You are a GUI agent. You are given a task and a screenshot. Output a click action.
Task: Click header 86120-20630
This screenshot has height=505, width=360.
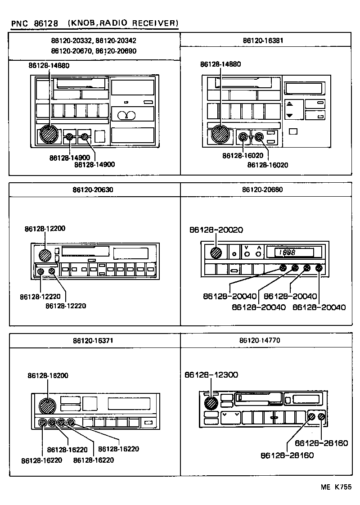pyautogui.click(x=93, y=190)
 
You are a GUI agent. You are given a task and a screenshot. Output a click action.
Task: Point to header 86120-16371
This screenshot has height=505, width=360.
pyautogui.click(x=93, y=340)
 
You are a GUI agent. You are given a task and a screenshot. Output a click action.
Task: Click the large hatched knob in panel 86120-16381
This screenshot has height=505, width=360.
pyautogui.click(x=221, y=134)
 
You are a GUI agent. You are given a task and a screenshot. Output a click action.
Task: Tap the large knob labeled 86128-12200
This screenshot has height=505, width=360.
pyautogui.click(x=45, y=255)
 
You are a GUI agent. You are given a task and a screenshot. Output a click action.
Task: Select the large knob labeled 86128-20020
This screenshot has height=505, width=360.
pyautogui.click(x=216, y=252)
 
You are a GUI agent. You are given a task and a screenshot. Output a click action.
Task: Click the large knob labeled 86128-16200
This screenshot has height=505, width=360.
pyautogui.click(x=47, y=406)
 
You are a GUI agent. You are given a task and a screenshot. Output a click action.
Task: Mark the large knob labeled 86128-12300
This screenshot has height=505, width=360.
pyautogui.click(x=210, y=403)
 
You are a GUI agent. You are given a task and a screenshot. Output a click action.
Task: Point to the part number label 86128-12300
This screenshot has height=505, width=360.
pyautogui.click(x=211, y=374)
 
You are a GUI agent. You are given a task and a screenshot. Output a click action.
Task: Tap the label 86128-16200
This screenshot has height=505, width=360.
pyautogui.click(x=48, y=375)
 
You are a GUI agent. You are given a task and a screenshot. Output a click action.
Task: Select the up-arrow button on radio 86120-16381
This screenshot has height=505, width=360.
pyautogui.click(x=289, y=104)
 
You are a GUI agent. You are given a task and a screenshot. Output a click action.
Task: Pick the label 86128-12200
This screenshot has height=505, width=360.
pyautogui.click(x=45, y=229)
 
